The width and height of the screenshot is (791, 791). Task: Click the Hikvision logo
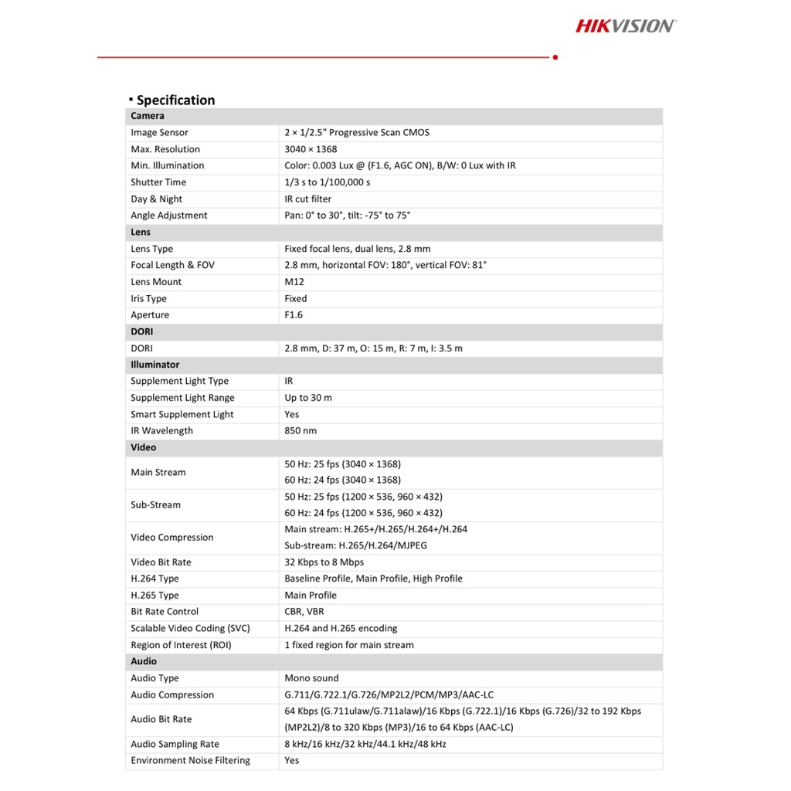[625, 26]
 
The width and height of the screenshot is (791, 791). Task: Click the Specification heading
[175, 100]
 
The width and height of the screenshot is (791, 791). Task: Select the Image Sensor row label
[159, 133]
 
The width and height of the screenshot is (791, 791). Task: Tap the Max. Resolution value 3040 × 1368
[311, 149]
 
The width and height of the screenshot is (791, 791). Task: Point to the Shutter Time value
[327, 182]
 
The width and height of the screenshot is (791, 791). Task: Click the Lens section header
[141, 233]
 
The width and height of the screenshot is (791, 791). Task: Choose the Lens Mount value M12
[294, 282]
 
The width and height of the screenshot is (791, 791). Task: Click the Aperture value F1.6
[294, 315]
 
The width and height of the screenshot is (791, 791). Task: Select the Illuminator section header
[154, 365]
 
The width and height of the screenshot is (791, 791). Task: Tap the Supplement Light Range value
[308, 398]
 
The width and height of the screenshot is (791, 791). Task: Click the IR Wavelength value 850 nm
[300, 431]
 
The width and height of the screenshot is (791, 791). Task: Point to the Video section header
[143, 447]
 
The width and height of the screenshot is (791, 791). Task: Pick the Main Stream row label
[158, 473]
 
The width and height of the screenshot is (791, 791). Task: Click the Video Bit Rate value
[324, 562]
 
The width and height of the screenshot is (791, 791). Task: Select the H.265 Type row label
[154, 596]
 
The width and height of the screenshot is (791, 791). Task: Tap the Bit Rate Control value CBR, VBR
[304, 612]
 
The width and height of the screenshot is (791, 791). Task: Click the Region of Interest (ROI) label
[181, 645]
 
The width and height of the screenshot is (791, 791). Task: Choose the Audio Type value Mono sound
[311, 678]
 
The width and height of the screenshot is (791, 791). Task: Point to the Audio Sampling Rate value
[365, 745]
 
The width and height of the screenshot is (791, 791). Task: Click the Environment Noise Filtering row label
[190, 761]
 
